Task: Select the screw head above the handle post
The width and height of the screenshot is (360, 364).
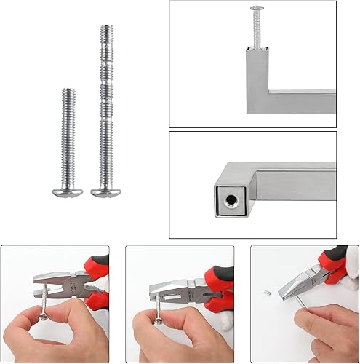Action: click(x=255, y=9)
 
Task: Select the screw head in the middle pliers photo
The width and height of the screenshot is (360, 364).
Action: click(x=155, y=317)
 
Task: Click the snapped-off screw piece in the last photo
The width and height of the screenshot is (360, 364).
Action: click(x=266, y=293)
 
